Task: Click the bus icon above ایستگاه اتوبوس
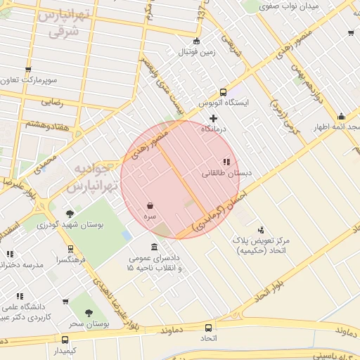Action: point(223,92)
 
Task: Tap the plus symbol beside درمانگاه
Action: point(214,118)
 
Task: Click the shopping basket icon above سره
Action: point(150,206)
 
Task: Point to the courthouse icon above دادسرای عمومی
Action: point(154,246)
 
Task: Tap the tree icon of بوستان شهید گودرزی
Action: point(70,214)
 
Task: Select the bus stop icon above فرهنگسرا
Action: point(70,248)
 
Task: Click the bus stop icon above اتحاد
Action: point(208,328)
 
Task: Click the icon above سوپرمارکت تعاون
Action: point(28,69)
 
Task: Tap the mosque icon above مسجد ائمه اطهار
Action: point(341,116)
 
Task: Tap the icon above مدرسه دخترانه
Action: point(10,254)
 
